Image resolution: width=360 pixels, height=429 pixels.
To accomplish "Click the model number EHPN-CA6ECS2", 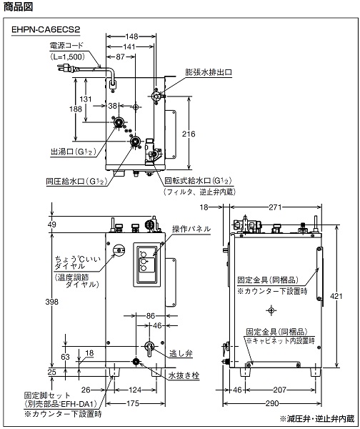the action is [46, 29].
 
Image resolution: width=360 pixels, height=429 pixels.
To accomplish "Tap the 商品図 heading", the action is [18, 6].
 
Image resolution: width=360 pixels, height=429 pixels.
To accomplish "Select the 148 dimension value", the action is [131, 36].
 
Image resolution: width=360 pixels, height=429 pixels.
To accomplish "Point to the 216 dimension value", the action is [189, 134].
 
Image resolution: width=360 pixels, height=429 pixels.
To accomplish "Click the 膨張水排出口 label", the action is [209, 72].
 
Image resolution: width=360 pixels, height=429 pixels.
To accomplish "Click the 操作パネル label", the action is [191, 229].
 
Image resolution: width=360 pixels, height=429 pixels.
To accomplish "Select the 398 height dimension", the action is [51, 302].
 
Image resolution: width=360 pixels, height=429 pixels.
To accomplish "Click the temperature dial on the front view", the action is [119, 250].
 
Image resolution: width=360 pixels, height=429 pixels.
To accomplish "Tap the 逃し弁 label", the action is [181, 353].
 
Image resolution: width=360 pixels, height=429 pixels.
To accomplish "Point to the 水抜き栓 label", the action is [184, 375].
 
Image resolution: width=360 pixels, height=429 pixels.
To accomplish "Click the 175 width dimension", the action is [133, 403].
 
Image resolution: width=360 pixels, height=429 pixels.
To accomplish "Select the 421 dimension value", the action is [336, 296].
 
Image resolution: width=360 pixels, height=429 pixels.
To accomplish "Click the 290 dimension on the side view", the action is [272, 403].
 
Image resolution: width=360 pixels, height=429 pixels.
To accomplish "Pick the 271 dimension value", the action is [275, 207].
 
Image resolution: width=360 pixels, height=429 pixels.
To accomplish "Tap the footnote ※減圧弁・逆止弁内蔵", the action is [317, 418].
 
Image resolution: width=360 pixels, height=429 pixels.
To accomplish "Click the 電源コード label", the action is [66, 46].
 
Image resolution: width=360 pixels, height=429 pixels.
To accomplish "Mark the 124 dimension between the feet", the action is [135, 390].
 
